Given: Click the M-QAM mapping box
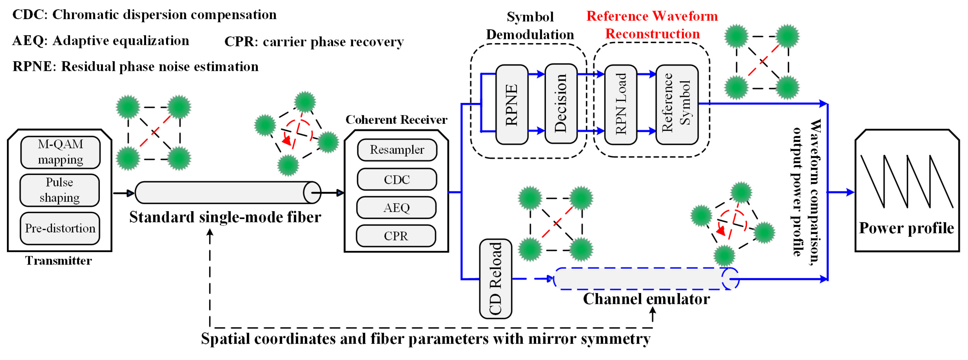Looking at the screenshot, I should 60,152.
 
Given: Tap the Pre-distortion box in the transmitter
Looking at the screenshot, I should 60,228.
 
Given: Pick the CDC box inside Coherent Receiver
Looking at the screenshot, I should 397,180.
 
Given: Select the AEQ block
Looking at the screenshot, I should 396,207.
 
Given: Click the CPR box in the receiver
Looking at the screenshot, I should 396,236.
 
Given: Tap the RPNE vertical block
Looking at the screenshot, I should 512,104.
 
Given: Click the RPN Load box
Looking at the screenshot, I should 621,104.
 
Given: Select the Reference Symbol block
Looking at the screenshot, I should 677,104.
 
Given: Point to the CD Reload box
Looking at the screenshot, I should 496,278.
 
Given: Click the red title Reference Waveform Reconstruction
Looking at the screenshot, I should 652,25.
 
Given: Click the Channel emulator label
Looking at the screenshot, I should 646,299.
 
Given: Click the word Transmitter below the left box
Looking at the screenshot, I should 59,261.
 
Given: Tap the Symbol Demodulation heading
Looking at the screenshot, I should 530,25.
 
